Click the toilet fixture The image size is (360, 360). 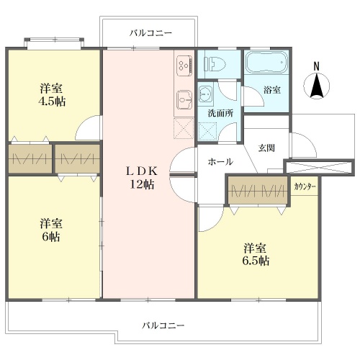pyautogui.click(x=215, y=64)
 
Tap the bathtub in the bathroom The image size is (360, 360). pyautogui.click(x=266, y=62)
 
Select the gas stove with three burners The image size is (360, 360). pyautogui.click(x=184, y=65)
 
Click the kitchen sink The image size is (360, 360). pyautogui.click(x=184, y=100)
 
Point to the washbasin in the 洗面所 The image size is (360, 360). pyautogui.click(x=206, y=95)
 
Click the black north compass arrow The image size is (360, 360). pyautogui.click(x=317, y=85)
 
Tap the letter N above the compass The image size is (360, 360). pyautogui.click(x=317, y=66)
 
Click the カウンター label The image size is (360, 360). pyautogui.click(x=305, y=186)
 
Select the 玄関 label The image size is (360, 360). pyautogui.click(x=266, y=148)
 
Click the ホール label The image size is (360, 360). pyautogui.click(x=220, y=162)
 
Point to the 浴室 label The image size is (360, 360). pyautogui.click(x=272, y=90)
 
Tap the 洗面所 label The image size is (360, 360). pyautogui.click(x=220, y=113)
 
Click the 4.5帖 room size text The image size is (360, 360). pyautogui.click(x=52, y=102)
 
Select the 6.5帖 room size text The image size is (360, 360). pyautogui.click(x=256, y=261)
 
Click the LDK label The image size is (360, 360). pyautogui.click(x=142, y=171)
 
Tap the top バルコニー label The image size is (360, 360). pyautogui.click(x=150, y=33)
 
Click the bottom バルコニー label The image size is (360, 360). pyautogui.click(x=163, y=325)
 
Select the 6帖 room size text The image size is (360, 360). pyautogui.click(x=51, y=237)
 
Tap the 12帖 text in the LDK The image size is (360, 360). pyautogui.click(x=142, y=184)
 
